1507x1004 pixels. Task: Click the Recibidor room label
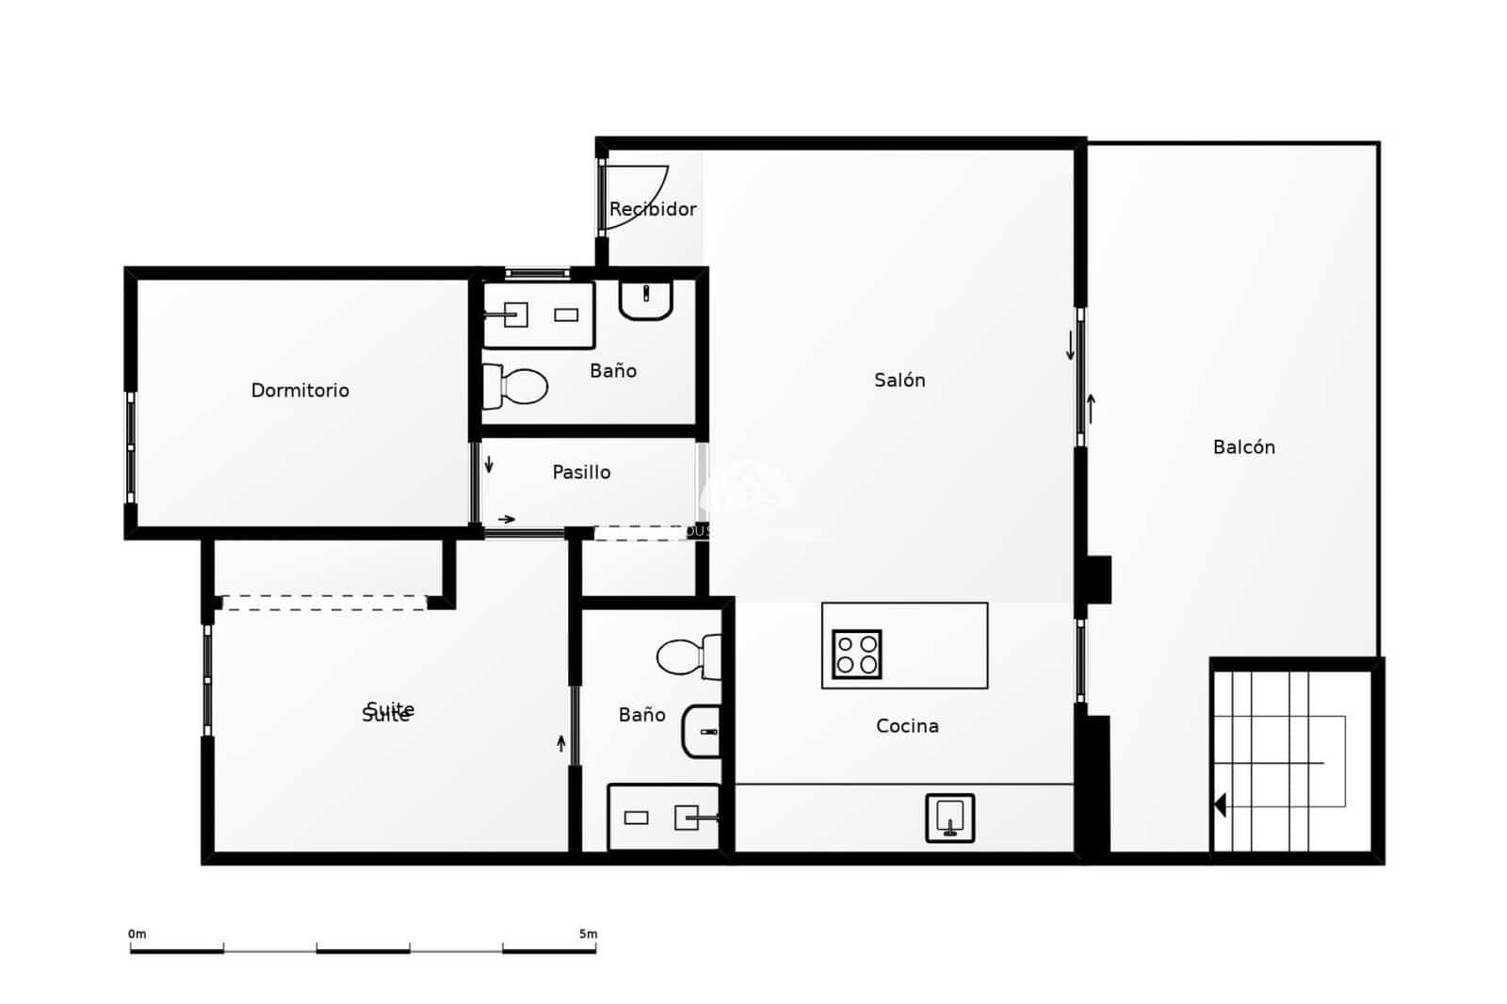[653, 209]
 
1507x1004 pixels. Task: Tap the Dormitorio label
[300, 390]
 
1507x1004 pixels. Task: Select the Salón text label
[899, 380]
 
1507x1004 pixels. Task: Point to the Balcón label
[1243, 447]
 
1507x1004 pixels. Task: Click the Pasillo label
[581, 472]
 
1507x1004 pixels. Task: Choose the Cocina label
[907, 725]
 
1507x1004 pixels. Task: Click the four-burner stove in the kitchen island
[856, 654]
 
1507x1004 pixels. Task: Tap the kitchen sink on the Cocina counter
[949, 818]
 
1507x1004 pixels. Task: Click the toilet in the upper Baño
[516, 386]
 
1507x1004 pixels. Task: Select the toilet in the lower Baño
[689, 656]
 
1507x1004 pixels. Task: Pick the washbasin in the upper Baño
[645, 300]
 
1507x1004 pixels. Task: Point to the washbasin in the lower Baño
[703, 731]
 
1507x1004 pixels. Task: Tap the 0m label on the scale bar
[138, 934]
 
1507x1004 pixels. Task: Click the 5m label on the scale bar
[588, 934]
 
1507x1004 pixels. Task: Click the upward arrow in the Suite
[561, 743]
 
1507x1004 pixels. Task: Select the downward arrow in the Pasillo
[489, 464]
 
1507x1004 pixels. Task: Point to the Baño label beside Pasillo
[613, 371]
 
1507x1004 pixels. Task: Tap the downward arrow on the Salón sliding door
[1070, 346]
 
